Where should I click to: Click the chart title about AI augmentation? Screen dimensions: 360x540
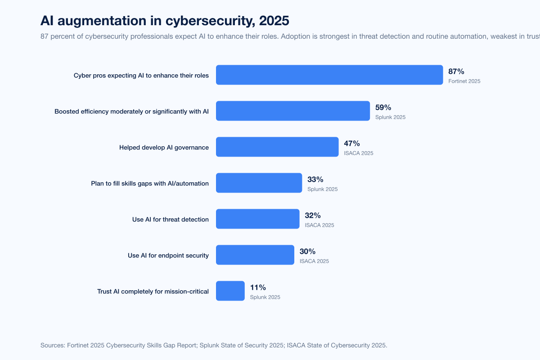(165, 21)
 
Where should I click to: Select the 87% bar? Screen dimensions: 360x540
(329, 75)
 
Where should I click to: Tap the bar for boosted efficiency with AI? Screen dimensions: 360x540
(293, 111)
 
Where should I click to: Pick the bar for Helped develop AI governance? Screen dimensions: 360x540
(277, 147)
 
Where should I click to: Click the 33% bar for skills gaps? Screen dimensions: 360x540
(259, 183)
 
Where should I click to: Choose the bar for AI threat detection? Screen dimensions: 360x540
(258, 219)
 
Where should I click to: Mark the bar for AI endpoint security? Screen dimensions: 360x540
(255, 255)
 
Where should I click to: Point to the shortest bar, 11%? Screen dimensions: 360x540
(230, 291)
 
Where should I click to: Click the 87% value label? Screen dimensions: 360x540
(456, 72)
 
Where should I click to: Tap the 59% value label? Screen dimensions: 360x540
(383, 108)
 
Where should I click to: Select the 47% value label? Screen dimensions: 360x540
(352, 144)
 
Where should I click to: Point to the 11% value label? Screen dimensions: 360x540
(258, 288)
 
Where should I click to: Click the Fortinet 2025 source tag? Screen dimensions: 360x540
(464, 81)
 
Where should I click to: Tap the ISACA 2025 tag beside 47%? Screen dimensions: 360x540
(359, 153)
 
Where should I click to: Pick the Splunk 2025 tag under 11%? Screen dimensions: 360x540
(265, 297)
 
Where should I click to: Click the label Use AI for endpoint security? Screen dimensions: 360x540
(168, 256)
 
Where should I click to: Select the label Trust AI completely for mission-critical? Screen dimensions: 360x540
(153, 292)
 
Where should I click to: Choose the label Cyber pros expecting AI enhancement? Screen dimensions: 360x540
(141, 76)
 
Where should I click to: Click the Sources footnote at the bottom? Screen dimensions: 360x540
(214, 345)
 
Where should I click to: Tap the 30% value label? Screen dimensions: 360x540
(307, 252)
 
